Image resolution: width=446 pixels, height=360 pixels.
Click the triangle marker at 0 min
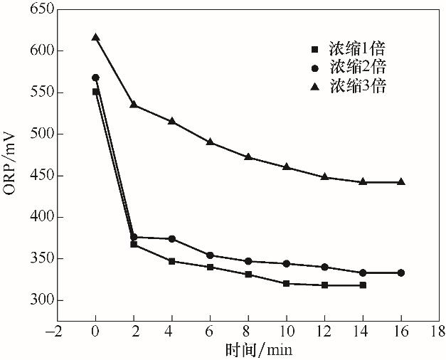point(95,37)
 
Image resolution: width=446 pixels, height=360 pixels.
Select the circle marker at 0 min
point(95,78)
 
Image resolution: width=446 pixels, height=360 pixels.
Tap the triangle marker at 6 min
point(210,142)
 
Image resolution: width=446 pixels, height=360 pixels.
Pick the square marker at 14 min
point(363,285)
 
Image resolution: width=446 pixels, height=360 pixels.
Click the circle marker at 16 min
point(401,272)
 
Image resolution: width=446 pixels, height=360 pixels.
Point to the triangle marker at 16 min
point(401,181)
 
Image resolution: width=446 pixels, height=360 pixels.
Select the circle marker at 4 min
point(172,238)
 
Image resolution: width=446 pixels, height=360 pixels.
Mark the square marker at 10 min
point(286,283)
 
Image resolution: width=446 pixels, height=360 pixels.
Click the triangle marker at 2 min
point(134,104)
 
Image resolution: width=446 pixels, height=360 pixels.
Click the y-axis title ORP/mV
point(11,170)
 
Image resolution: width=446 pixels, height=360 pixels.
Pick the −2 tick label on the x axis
point(54,331)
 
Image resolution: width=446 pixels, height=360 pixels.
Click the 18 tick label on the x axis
point(439,331)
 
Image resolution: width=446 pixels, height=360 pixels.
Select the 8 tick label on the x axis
point(248,331)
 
